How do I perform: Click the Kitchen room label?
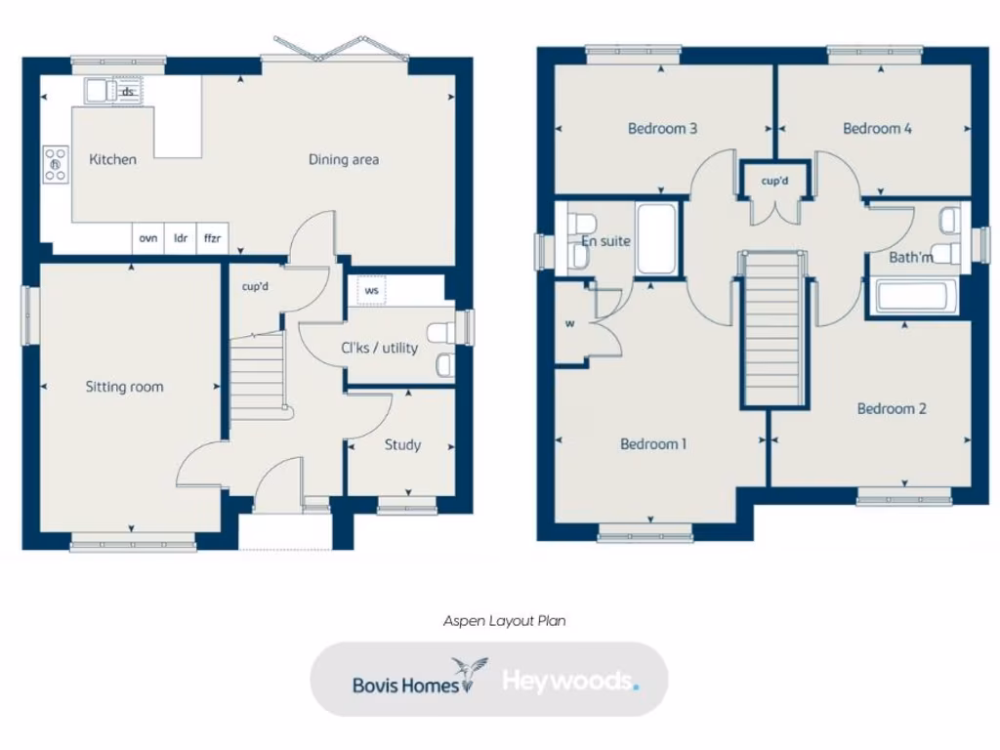click(112, 159)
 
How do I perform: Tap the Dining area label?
click(344, 159)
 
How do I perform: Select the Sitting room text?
click(124, 387)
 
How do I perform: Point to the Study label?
click(402, 444)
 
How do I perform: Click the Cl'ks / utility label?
click(379, 348)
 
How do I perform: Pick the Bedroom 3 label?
click(662, 128)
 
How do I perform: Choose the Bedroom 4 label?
click(877, 128)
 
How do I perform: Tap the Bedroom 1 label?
click(653, 443)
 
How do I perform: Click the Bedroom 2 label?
click(892, 408)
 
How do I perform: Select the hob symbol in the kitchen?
click(56, 164)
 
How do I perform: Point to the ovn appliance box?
click(148, 237)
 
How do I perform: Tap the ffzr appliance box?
click(211, 237)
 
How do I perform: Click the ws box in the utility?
click(372, 290)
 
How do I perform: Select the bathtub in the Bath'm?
click(916, 297)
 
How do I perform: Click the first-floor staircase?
click(772, 328)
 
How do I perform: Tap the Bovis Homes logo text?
click(405, 684)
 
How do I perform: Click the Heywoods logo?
click(569, 681)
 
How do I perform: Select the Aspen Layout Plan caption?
click(504, 620)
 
